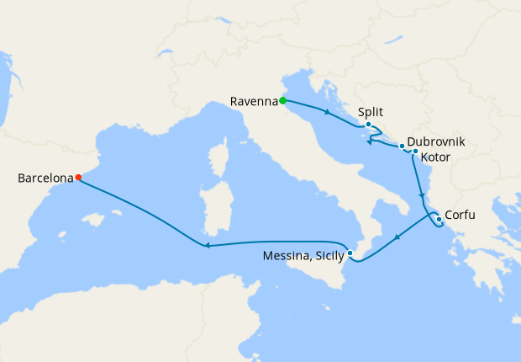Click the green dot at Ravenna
click(283, 101)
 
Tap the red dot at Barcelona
click(78, 178)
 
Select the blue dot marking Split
click(368, 125)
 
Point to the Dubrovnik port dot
click(402, 146)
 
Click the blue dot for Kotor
click(415, 152)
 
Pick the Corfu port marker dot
click(439, 220)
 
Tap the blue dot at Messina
click(350, 253)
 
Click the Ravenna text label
click(253, 102)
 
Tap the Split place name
click(371, 111)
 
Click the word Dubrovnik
click(436, 142)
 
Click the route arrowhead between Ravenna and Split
click(325, 112)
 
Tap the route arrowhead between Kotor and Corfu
click(421, 194)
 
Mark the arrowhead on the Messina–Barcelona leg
click(205, 246)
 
